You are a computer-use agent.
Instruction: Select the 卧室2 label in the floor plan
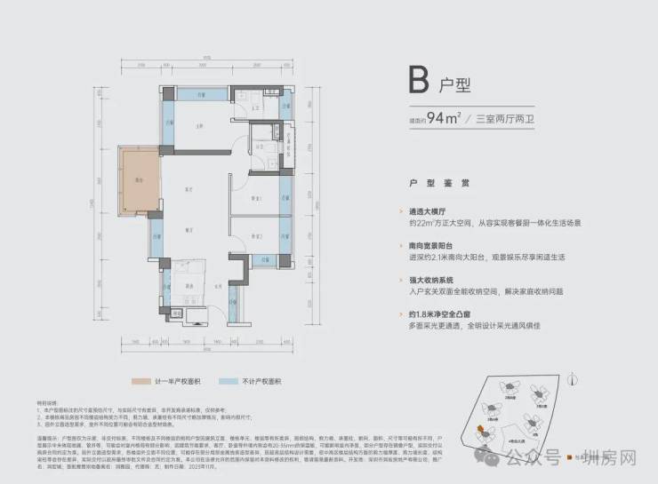point(257,237)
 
